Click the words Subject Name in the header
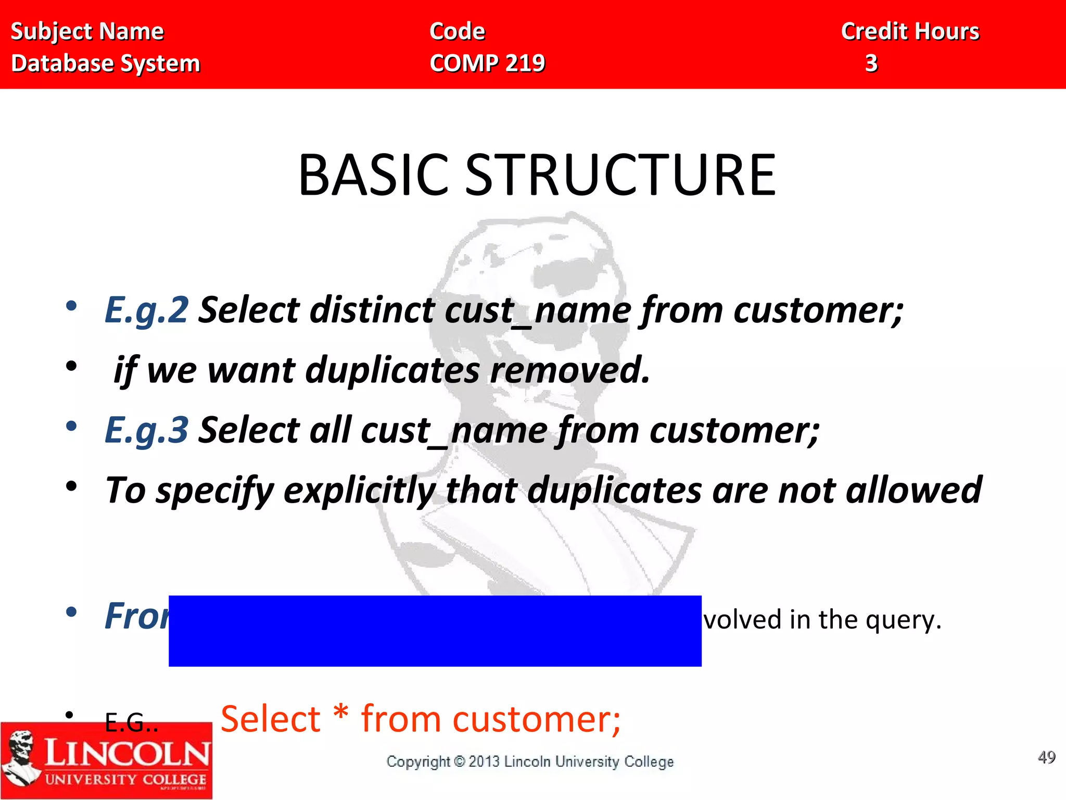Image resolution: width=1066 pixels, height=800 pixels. [x=87, y=32]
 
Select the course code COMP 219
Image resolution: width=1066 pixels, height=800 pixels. [x=487, y=64]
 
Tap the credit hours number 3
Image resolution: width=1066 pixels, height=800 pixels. [x=871, y=64]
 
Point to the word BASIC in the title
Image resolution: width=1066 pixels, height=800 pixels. [x=373, y=176]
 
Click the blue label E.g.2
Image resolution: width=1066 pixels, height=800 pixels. [x=146, y=310]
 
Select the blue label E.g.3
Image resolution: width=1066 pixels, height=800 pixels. [x=146, y=431]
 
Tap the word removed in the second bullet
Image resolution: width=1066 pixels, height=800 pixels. [x=570, y=370]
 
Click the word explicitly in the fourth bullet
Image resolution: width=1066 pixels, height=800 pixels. [x=359, y=491]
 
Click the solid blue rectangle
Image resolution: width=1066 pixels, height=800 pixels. [x=435, y=631]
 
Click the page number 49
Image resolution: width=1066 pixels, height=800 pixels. [x=1046, y=757]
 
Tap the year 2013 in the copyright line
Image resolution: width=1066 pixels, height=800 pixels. [x=484, y=762]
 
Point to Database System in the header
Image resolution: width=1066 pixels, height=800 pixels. [x=106, y=64]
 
